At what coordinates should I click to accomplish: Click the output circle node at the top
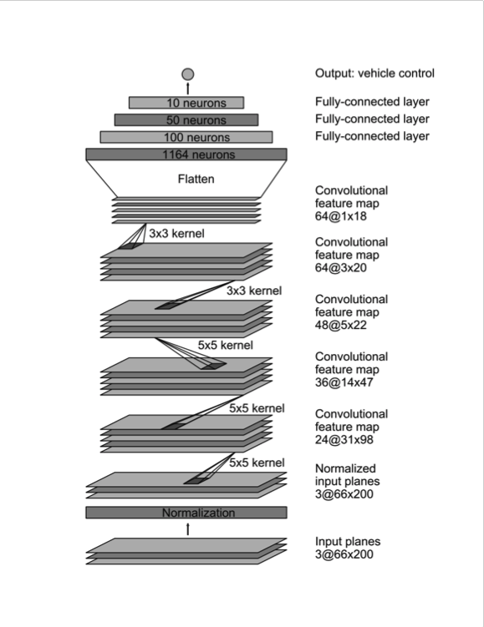[x=188, y=74]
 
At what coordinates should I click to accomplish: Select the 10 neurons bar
[x=186, y=103]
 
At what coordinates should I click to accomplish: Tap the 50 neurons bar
[x=186, y=119]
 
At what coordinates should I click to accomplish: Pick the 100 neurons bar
[x=186, y=137]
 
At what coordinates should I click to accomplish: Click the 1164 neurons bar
[x=186, y=154]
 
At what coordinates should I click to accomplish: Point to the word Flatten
[x=196, y=179]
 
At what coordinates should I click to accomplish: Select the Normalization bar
[x=186, y=513]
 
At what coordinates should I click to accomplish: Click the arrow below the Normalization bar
[x=188, y=529]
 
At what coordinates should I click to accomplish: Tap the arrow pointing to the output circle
[x=188, y=88]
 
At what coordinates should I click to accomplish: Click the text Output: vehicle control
[x=374, y=73]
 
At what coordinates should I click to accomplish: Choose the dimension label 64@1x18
[x=341, y=216]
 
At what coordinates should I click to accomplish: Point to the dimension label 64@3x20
[x=341, y=267]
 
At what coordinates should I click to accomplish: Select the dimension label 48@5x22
[x=341, y=325]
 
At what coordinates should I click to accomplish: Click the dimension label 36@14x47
[x=344, y=382]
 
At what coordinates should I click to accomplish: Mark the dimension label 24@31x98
[x=344, y=439]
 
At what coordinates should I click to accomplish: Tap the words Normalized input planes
[x=347, y=475]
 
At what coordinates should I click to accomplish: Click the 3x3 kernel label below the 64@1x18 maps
[x=176, y=233]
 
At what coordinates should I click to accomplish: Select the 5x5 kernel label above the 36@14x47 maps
[x=226, y=345]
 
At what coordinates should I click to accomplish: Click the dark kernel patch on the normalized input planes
[x=196, y=481]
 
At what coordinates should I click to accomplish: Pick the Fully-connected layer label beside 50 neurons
[x=372, y=119]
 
